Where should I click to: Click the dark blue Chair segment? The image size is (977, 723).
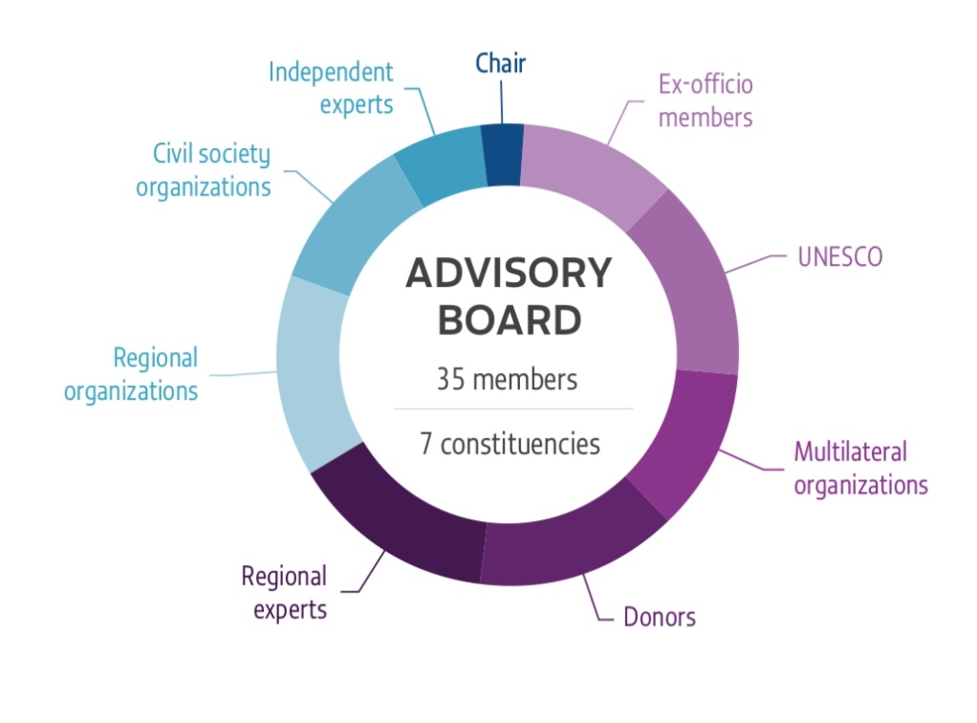[x=501, y=154]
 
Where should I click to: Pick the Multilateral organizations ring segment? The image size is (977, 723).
[x=686, y=435]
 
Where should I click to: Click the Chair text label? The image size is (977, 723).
[x=501, y=64]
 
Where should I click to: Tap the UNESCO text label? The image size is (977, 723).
[x=839, y=258]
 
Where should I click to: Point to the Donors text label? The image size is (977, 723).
[x=660, y=617]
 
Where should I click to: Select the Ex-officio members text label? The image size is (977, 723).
[x=706, y=101]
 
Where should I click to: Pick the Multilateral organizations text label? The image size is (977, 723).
[x=860, y=468]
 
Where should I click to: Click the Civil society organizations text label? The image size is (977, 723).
[x=203, y=170]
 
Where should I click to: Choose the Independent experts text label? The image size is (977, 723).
[x=331, y=88]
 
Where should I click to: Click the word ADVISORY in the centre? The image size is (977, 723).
[x=508, y=274]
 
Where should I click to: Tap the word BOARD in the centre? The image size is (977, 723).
[x=508, y=320]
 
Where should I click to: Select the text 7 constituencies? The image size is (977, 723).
[x=509, y=444]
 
